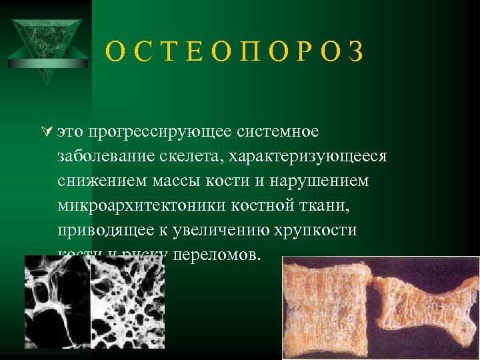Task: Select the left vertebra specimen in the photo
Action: [327, 307]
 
